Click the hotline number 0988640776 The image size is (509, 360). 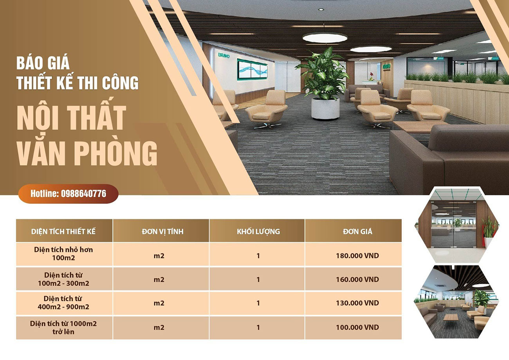(x=84, y=194)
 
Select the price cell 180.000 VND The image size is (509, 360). (x=357, y=256)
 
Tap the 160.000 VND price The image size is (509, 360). (x=357, y=279)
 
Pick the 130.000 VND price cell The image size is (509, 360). (x=357, y=303)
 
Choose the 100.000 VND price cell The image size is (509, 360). (x=357, y=327)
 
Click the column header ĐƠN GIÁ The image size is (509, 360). (x=357, y=231)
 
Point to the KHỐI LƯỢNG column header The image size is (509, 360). (x=258, y=232)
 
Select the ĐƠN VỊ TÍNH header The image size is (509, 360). (x=162, y=232)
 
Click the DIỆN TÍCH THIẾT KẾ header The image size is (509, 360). (x=63, y=232)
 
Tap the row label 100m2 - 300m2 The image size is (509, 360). (x=63, y=283)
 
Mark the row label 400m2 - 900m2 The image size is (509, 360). (x=63, y=307)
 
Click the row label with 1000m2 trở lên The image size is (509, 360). (x=63, y=328)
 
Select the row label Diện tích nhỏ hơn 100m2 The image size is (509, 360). (x=63, y=254)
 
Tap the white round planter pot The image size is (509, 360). (x=325, y=108)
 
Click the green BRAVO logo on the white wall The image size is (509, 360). (x=224, y=56)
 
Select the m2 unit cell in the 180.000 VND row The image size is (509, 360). (x=159, y=256)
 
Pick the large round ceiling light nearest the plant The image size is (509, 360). (x=325, y=38)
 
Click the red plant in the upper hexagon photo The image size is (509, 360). (x=490, y=227)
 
